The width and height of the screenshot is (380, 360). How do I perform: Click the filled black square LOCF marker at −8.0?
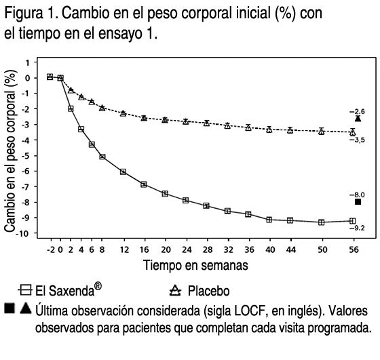click(358, 201)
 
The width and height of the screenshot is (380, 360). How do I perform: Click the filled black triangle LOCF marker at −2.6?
click(358, 119)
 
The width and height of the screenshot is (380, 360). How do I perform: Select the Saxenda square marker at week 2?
click(71, 108)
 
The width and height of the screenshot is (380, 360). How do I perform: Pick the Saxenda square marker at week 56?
click(353, 221)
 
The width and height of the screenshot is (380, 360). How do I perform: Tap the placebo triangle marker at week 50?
click(322, 132)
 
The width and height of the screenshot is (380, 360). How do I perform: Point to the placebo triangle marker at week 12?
click(123, 113)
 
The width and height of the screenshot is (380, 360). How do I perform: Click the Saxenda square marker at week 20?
click(165, 194)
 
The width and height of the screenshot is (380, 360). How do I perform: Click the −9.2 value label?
click(357, 228)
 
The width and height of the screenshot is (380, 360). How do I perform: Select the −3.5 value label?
click(357, 140)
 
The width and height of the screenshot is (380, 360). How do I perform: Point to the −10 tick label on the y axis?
click(23, 233)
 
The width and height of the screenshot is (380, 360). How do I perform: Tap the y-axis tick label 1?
click(28, 62)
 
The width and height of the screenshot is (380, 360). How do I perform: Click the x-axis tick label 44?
click(291, 249)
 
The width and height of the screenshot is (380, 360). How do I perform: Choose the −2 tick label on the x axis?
click(51, 249)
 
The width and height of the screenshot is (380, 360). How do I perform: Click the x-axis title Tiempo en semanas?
click(195, 265)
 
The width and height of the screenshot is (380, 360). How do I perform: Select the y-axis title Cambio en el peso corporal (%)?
click(10, 151)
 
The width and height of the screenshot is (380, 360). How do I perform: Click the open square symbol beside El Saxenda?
click(25, 289)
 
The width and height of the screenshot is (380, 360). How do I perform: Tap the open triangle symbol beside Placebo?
click(175, 291)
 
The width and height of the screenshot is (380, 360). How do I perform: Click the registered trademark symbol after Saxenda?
click(98, 286)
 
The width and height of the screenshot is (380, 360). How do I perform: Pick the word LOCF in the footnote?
click(251, 311)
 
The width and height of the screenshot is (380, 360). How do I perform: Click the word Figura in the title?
click(23, 14)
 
